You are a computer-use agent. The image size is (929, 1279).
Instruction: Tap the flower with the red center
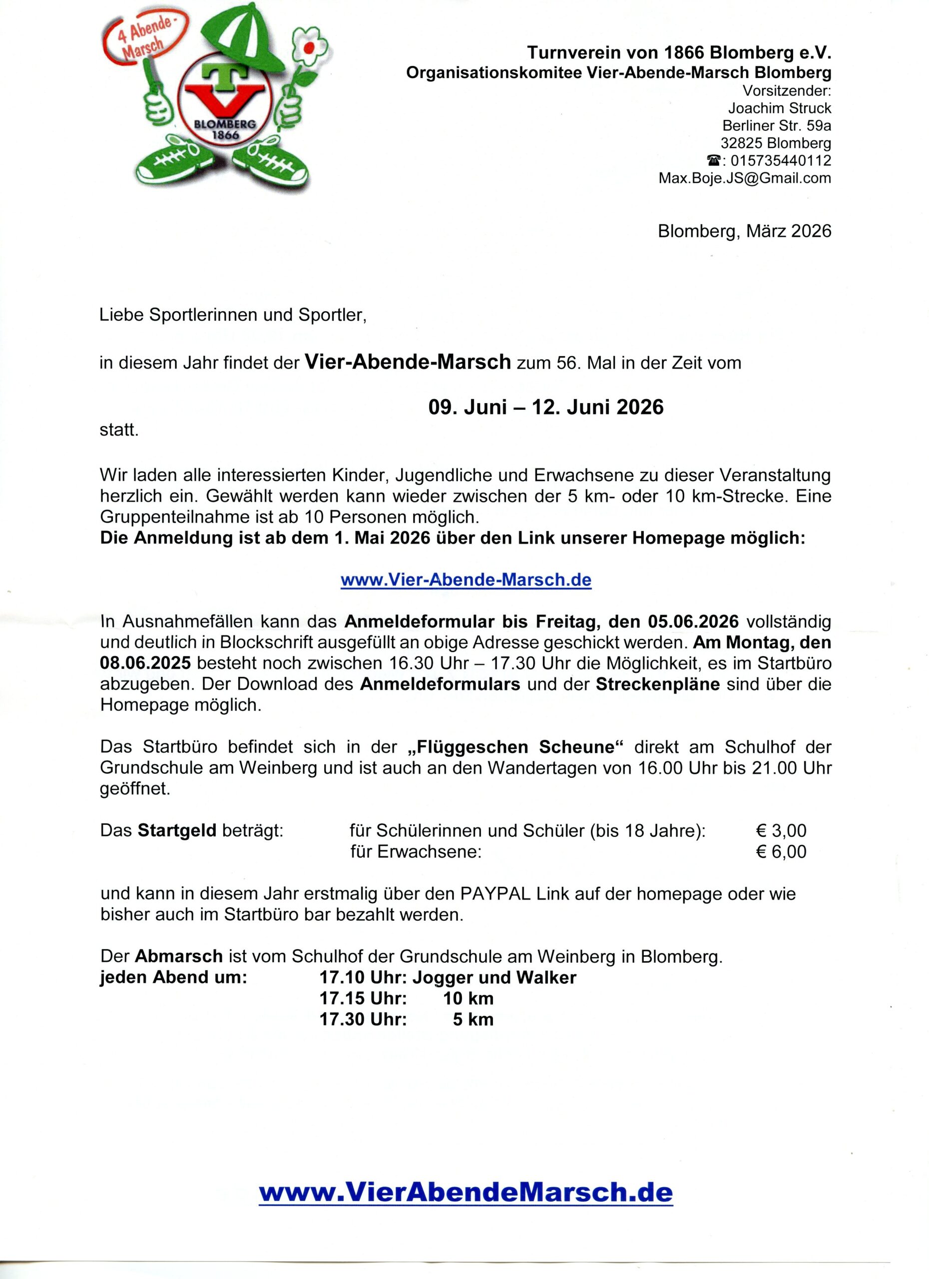point(309,49)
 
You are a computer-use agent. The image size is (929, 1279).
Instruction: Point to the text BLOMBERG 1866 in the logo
point(224,129)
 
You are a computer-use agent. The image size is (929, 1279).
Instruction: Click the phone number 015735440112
point(780,160)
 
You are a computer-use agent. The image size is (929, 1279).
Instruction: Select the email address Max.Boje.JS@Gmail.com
point(745,178)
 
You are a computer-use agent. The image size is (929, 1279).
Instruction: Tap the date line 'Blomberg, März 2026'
point(744,231)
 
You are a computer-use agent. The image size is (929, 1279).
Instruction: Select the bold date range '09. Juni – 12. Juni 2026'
point(546,407)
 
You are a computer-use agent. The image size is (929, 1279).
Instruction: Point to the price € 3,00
point(781,830)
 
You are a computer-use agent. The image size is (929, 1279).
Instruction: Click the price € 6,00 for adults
point(781,851)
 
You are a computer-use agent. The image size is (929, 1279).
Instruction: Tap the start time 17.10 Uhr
point(363,977)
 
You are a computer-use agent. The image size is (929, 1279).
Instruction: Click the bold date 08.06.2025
point(145,663)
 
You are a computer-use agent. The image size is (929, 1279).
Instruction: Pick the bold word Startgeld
point(177,830)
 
